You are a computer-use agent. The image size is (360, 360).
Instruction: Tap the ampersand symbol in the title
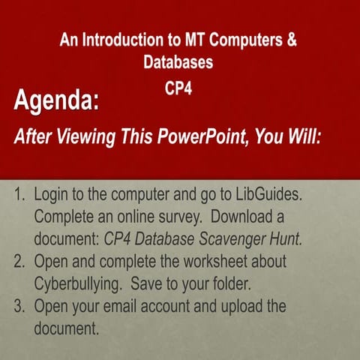coord(292,40)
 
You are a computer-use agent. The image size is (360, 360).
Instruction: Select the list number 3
coord(20,307)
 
